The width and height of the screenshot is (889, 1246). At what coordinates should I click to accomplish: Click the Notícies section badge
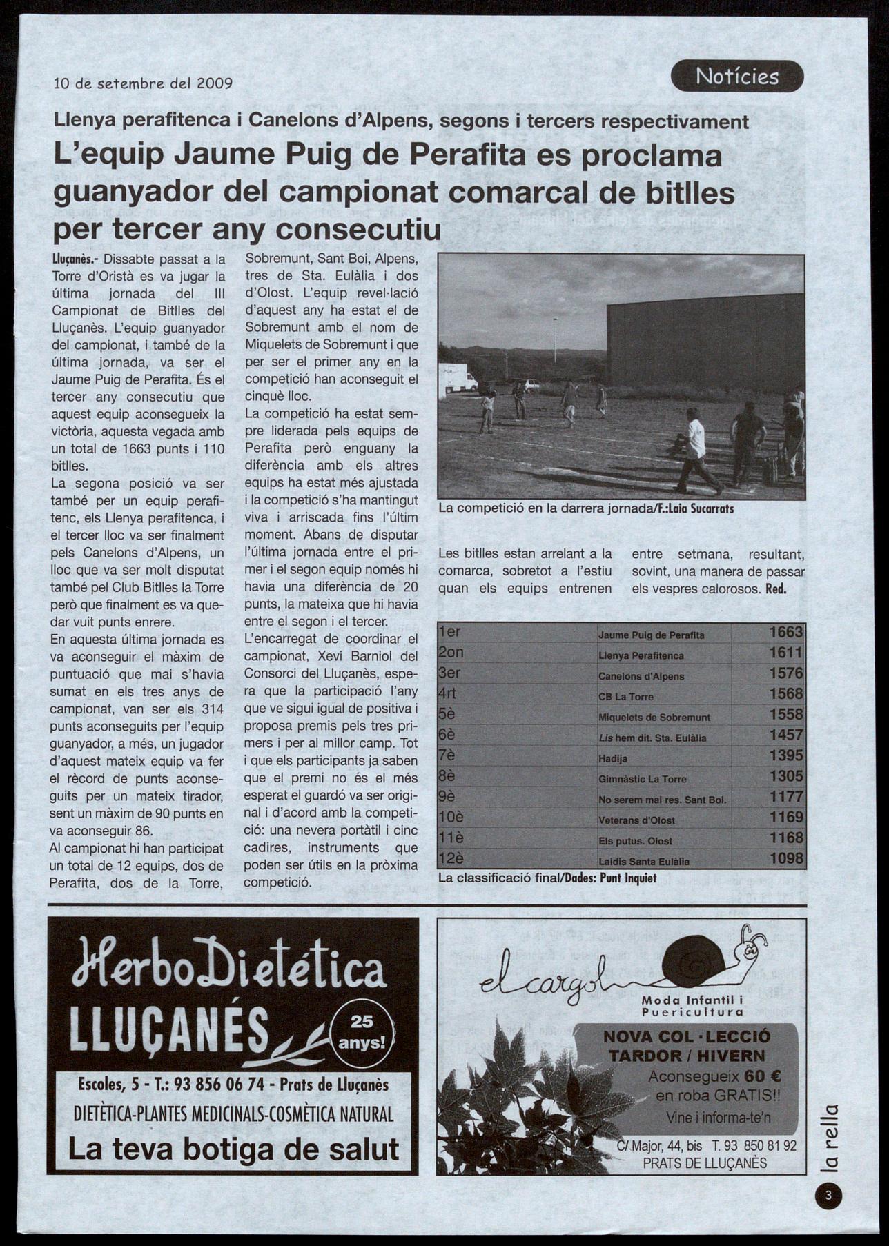pyautogui.click(x=736, y=76)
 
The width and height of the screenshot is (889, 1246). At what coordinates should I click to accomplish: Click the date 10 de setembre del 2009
pyautogui.click(x=144, y=84)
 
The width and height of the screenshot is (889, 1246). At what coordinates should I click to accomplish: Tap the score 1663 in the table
pyautogui.click(x=785, y=632)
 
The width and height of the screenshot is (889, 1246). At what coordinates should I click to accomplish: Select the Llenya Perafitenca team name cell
pyautogui.click(x=641, y=655)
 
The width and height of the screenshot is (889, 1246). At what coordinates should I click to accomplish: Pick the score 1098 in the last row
pyautogui.click(x=785, y=859)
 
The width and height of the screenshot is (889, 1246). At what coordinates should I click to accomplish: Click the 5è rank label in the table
pyautogui.click(x=447, y=714)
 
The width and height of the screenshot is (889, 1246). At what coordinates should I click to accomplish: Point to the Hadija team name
pyautogui.click(x=613, y=758)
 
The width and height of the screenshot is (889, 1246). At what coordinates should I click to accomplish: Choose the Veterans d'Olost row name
pyautogui.click(x=636, y=820)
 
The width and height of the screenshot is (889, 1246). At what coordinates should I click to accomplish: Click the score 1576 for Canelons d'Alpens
pyautogui.click(x=785, y=673)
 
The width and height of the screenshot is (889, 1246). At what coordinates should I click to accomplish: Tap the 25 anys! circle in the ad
pyautogui.click(x=361, y=1031)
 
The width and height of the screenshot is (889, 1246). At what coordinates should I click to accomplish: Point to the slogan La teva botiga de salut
pyautogui.click(x=233, y=1149)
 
